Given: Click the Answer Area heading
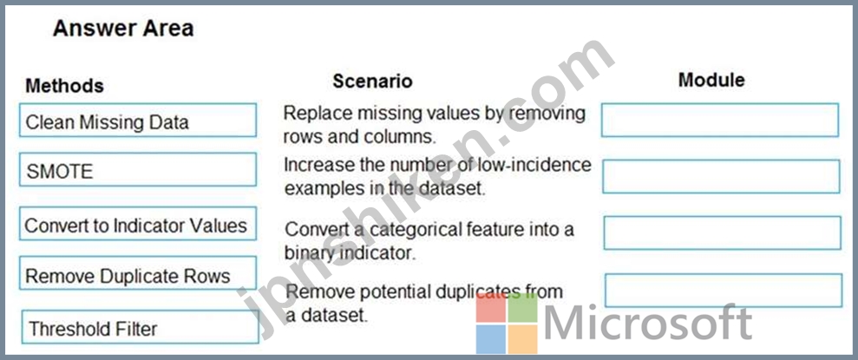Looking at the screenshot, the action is click(123, 29).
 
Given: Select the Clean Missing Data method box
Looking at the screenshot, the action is click(138, 121).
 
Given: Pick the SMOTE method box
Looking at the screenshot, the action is click(138, 170).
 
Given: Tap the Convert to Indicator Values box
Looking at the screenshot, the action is click(138, 223).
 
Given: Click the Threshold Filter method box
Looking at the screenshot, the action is click(140, 327).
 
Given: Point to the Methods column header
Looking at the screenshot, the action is click(64, 85).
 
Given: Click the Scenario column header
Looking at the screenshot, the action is click(373, 81).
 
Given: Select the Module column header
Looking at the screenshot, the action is click(711, 80).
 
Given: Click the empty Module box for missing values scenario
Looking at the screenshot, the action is click(719, 120).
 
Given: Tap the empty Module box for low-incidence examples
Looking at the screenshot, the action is click(721, 176).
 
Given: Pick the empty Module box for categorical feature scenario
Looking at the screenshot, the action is click(723, 232).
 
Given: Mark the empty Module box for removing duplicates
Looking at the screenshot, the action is click(724, 291).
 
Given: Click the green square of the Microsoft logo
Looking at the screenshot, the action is click(523, 307).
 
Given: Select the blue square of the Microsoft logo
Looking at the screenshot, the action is click(491, 340).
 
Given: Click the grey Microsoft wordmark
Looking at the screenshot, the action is click(648, 323).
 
